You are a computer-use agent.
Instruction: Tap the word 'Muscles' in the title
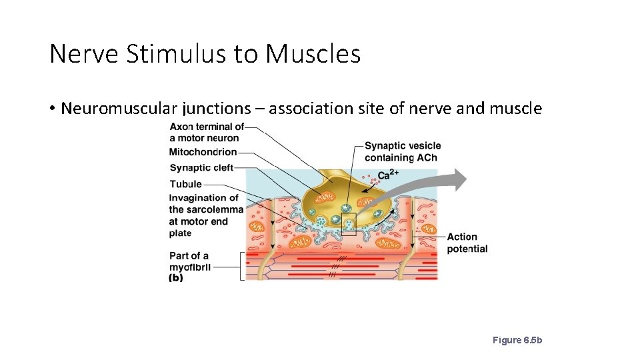[x=313, y=53]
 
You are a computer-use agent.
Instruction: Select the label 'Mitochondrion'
[x=203, y=152]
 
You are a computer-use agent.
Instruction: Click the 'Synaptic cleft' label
[x=201, y=168]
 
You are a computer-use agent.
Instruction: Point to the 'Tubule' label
[x=185, y=184]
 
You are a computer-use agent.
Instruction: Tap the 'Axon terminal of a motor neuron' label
[x=207, y=132]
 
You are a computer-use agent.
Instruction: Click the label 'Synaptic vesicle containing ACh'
[x=402, y=151]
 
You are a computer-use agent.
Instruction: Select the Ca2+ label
[x=388, y=175]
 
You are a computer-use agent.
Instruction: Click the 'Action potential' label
[x=467, y=243]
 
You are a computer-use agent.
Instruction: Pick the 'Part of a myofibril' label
[x=189, y=261]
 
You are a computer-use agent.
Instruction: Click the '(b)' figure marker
[x=176, y=278]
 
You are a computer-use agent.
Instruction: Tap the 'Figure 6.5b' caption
[x=517, y=340]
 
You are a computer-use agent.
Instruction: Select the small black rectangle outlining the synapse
[x=349, y=224]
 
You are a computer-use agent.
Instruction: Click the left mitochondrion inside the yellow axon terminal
[x=325, y=197]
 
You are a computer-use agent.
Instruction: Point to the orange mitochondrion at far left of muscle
[x=257, y=227]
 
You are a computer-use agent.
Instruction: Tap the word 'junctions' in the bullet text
[x=215, y=109]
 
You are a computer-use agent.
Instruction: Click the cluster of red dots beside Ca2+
[x=367, y=178]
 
